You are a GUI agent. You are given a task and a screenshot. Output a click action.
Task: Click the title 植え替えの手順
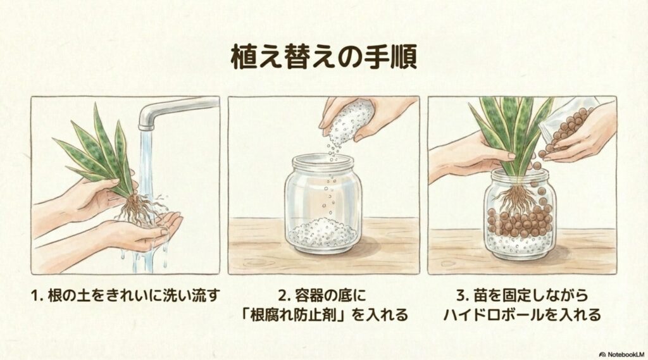point(323,58)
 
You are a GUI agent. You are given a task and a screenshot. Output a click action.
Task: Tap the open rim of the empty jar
point(323,159)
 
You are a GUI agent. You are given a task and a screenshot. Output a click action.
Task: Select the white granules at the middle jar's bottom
point(323,233)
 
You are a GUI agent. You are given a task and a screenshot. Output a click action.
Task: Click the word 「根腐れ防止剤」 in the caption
point(323,314)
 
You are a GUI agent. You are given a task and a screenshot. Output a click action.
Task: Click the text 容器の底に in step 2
point(335,295)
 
